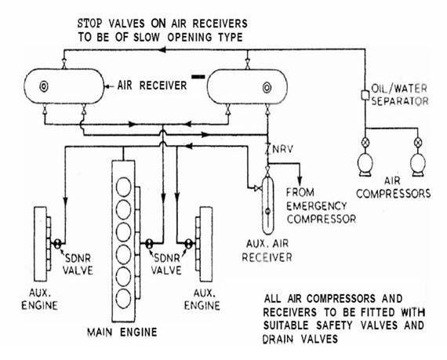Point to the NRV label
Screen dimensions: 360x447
(x=281, y=149)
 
